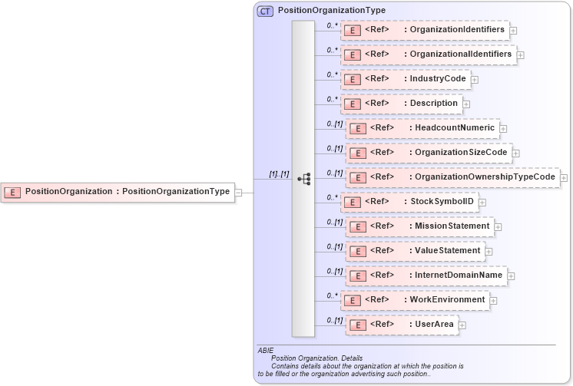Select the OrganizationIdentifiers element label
point(457,30)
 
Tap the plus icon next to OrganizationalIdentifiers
point(520,54)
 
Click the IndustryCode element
point(436,79)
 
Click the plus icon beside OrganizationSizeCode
point(515,153)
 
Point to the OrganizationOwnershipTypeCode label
point(484,177)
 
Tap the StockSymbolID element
point(440,202)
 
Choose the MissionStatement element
point(452,226)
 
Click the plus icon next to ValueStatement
point(489,251)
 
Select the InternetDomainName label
point(459,275)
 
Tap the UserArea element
point(434,325)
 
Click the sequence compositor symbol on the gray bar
point(303,179)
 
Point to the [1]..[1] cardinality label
point(278,174)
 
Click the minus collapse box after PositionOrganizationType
point(238,192)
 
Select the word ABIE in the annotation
point(266,350)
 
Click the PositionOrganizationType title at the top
point(331,11)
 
